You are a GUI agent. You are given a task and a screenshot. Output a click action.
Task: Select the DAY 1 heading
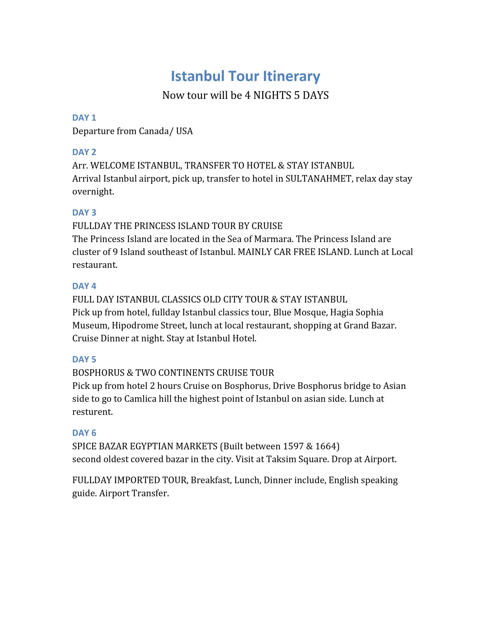(84, 118)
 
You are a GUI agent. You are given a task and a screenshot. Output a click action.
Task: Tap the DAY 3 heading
(84, 213)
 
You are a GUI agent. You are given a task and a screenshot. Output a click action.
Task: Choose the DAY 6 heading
(84, 433)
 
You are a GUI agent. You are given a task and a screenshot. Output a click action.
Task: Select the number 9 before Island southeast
(115, 252)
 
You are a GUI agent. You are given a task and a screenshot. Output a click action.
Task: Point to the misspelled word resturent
(92, 412)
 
